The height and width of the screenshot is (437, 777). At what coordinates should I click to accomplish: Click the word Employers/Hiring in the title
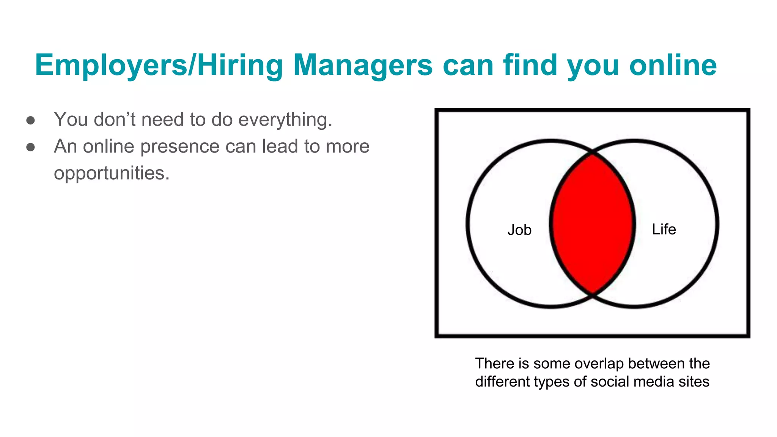click(159, 65)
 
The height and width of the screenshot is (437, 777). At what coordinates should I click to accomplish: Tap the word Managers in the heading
click(363, 65)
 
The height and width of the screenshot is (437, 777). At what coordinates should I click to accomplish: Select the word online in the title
click(673, 65)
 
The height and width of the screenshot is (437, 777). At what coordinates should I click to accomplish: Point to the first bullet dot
click(31, 121)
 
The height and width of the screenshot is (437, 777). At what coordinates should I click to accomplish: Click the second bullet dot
click(31, 147)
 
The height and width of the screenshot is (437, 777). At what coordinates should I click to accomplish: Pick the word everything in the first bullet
click(285, 120)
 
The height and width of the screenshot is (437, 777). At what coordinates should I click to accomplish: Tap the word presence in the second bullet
click(180, 146)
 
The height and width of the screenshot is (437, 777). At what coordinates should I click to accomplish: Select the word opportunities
click(112, 173)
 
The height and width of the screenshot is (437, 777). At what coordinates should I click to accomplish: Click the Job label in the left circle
click(519, 230)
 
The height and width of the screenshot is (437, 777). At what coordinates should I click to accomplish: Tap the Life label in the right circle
click(664, 229)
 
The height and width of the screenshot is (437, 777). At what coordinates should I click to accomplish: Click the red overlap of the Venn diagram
click(592, 224)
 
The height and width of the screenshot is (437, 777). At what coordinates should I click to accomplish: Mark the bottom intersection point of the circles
click(592, 294)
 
